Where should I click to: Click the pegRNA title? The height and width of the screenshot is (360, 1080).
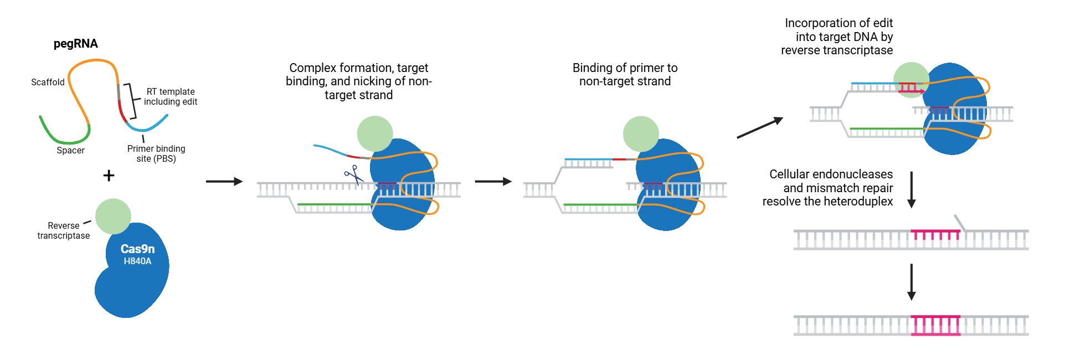75,44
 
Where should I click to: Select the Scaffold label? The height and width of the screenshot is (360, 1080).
48,82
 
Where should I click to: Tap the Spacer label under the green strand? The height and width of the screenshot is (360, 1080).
70,150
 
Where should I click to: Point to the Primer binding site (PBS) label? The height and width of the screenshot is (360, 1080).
156,153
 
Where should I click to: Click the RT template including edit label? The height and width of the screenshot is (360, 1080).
171,96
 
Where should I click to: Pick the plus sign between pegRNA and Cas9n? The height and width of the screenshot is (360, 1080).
109,176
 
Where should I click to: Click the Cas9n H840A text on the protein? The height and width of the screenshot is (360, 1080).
137,254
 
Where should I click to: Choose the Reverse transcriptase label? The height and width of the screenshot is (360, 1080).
63,230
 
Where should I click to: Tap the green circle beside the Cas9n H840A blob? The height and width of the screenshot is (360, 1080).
113,217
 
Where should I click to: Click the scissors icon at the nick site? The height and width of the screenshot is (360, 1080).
353,174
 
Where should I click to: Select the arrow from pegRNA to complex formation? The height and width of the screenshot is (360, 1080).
224,181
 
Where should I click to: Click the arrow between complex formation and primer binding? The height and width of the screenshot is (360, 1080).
493,181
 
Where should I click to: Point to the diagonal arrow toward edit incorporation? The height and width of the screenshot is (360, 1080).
759,127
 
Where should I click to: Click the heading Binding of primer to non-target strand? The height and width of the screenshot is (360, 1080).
625,74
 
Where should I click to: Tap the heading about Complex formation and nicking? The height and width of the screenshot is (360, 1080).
358,81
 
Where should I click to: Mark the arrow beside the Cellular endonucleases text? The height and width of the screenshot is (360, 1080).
911,189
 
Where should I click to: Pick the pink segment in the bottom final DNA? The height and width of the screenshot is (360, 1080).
935,325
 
